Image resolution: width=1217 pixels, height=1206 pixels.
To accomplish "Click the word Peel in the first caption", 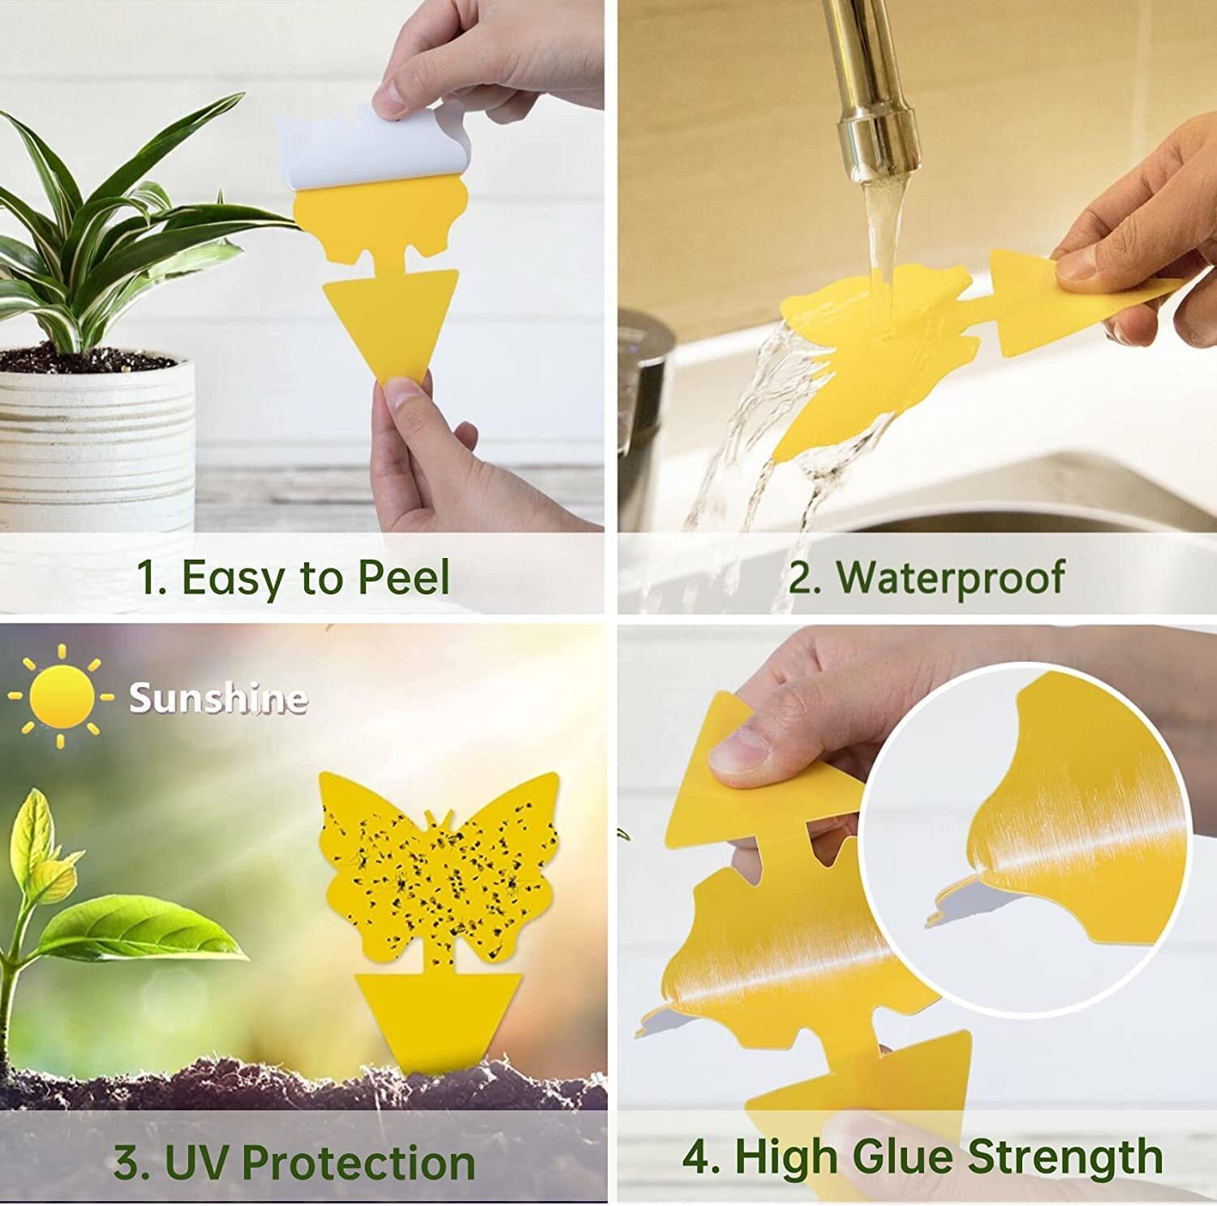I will click(x=403, y=578).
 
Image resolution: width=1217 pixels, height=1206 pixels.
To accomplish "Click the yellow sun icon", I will click(x=62, y=697).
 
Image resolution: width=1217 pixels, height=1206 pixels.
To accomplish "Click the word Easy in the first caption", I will click(x=234, y=578).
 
